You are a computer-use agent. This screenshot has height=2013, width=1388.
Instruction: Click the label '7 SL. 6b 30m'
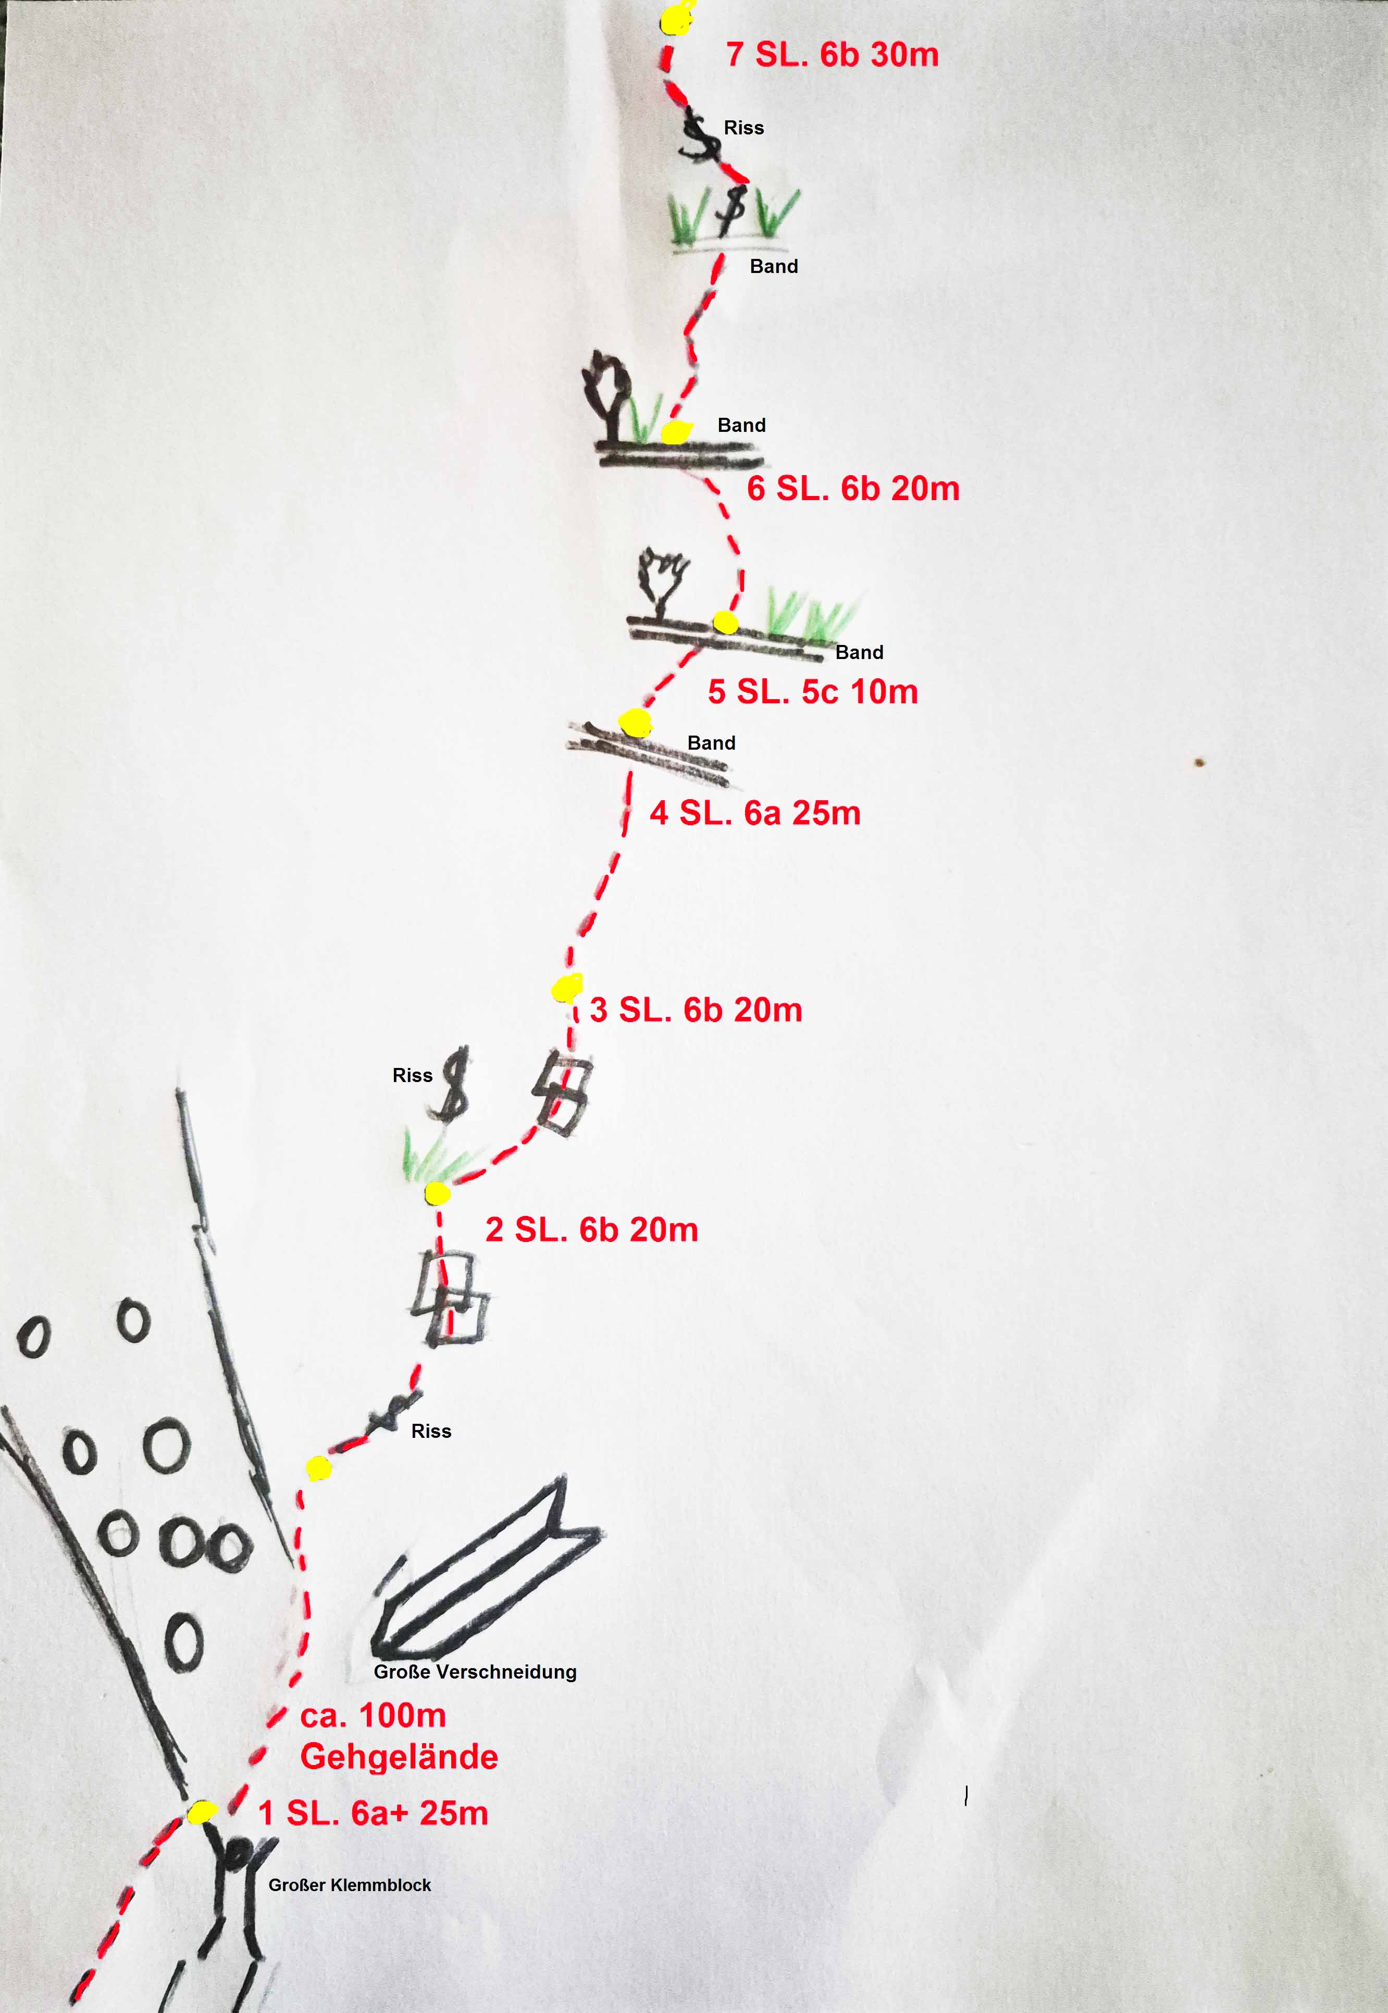coord(832,55)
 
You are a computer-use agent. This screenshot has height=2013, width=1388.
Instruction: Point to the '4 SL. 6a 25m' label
coord(755,813)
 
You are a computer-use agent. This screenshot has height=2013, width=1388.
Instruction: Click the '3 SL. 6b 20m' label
coord(696,1010)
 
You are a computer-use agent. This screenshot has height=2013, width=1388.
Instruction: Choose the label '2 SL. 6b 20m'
coord(591,1229)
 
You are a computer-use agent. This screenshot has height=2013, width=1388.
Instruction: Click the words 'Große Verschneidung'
coord(475,1672)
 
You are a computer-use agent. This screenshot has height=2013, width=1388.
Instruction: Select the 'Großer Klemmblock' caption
coord(350,1885)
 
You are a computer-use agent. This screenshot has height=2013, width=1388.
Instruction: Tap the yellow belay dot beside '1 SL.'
coord(202,1812)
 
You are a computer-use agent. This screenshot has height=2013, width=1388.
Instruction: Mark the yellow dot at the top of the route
coord(677,17)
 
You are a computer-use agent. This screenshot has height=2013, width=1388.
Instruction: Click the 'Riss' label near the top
coord(743,128)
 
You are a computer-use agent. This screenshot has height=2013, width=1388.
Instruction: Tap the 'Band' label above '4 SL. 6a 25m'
coord(711,742)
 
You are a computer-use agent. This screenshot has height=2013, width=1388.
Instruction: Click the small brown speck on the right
coord(1200,763)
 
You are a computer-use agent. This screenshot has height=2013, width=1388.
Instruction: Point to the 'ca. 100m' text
coord(373,1716)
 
